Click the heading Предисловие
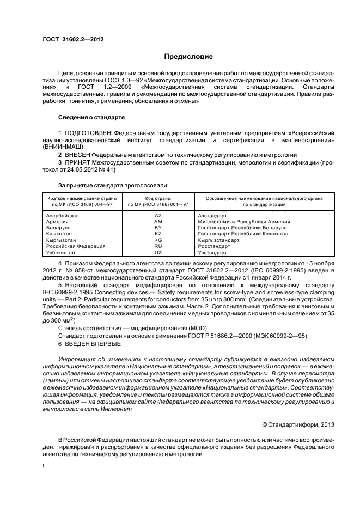(x=188, y=57)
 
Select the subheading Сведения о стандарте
(x=91, y=117)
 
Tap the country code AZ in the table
(x=158, y=216)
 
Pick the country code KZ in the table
(x=158, y=234)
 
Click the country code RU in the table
(x=158, y=246)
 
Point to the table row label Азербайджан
(x=64, y=216)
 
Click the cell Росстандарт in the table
(x=214, y=246)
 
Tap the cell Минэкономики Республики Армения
(x=244, y=222)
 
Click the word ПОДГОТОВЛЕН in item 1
(x=89, y=132)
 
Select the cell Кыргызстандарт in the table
(x=218, y=240)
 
